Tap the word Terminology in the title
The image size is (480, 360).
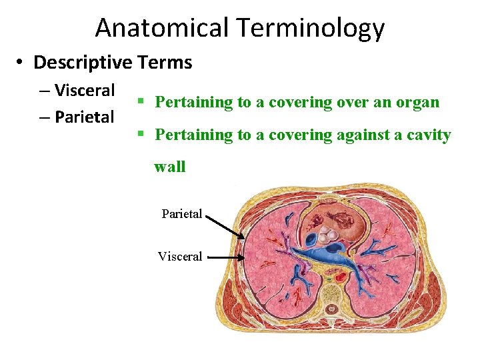point(311,28)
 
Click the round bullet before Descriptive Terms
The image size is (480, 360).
point(21,63)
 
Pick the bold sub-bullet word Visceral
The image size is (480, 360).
point(85,90)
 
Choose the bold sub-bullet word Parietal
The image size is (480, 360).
point(85,117)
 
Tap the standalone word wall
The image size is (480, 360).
point(170,167)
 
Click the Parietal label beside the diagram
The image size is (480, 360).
point(181,214)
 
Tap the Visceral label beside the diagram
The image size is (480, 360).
point(180,257)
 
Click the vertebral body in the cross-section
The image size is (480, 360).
point(331,289)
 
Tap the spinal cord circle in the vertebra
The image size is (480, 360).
point(331,309)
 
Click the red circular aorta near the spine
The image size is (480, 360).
point(341,275)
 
